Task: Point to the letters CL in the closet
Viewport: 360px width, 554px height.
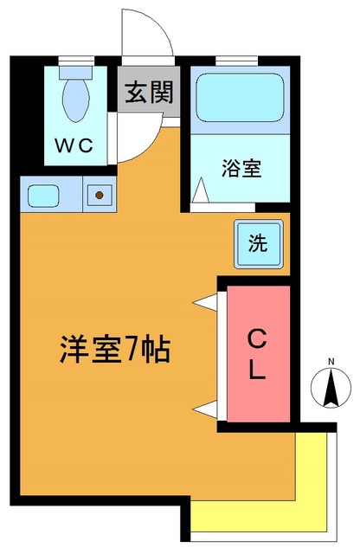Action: click(x=257, y=353)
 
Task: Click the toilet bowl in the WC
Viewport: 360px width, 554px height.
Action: click(x=76, y=98)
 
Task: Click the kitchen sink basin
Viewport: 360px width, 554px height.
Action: click(x=42, y=194)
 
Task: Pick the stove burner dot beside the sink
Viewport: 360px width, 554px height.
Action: click(x=100, y=195)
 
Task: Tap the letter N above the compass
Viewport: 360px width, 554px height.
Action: click(x=331, y=362)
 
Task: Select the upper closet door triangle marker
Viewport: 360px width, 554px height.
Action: click(x=207, y=301)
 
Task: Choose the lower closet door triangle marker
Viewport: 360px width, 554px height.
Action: click(x=207, y=407)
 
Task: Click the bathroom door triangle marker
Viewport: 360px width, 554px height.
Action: click(x=200, y=189)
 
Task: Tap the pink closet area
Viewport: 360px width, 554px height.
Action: click(x=257, y=381)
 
